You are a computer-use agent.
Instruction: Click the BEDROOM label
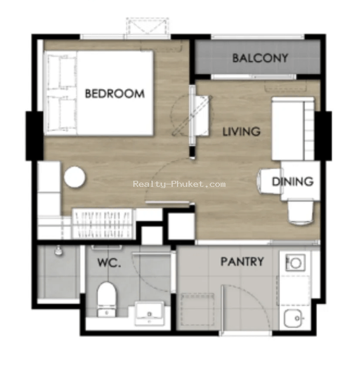pyautogui.click(x=115, y=93)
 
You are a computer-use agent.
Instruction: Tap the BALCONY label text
pyautogui.click(x=260, y=58)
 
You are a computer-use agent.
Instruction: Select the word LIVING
pyautogui.click(x=241, y=132)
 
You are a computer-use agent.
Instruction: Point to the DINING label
pyautogui.click(x=293, y=181)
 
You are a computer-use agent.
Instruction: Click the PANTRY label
pyautogui.click(x=242, y=261)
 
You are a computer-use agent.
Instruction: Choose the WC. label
pyautogui.click(x=109, y=263)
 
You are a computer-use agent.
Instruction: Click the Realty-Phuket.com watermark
pyautogui.click(x=179, y=184)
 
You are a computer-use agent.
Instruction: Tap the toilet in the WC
pyautogui.click(x=107, y=300)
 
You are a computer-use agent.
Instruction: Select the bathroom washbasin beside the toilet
pyautogui.click(x=149, y=313)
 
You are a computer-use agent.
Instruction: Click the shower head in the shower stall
pyautogui.click(x=58, y=251)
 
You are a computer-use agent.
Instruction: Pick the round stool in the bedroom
pyautogui.click(x=75, y=177)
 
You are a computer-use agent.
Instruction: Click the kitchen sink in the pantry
pyautogui.click(x=294, y=318)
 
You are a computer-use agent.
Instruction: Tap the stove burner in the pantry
pyautogui.click(x=296, y=263)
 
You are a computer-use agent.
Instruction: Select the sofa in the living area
pyautogui.click(x=293, y=129)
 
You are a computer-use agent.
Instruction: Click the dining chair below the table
pyautogui.click(x=301, y=212)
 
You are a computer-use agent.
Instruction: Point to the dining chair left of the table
pyautogui.click(x=269, y=181)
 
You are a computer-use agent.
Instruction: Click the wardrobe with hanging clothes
pyautogui.click(x=102, y=223)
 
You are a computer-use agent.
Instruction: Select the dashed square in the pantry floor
pyautogui.click(x=198, y=309)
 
